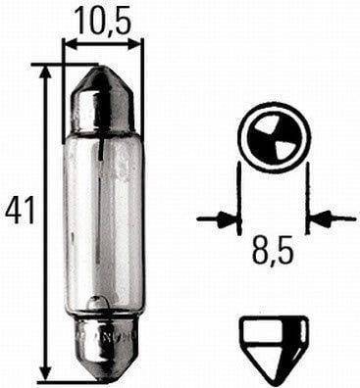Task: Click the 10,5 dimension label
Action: click(x=103, y=21)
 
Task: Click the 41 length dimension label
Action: click(x=20, y=211)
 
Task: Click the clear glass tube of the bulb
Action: click(x=104, y=223)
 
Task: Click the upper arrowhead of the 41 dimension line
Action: click(x=45, y=73)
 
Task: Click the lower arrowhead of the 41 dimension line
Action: click(x=45, y=372)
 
